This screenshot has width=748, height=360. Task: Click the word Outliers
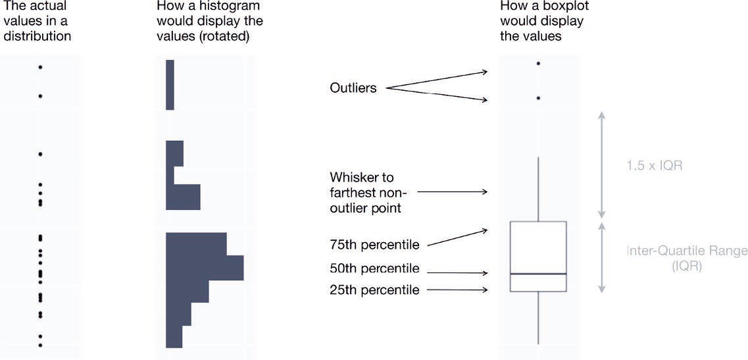coord(353,88)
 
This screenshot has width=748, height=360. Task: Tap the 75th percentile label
coord(374,245)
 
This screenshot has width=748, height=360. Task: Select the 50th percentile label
coord(374,269)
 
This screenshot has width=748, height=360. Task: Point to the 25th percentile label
coord(374,290)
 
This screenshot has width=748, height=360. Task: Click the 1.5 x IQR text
coord(654,166)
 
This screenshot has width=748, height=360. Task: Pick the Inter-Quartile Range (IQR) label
coord(687,257)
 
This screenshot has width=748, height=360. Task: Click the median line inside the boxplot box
coord(538,273)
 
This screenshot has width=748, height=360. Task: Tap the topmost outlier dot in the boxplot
coord(538,63)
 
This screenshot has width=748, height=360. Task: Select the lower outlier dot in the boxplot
coord(538,98)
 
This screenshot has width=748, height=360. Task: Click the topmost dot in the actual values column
coord(40,67)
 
